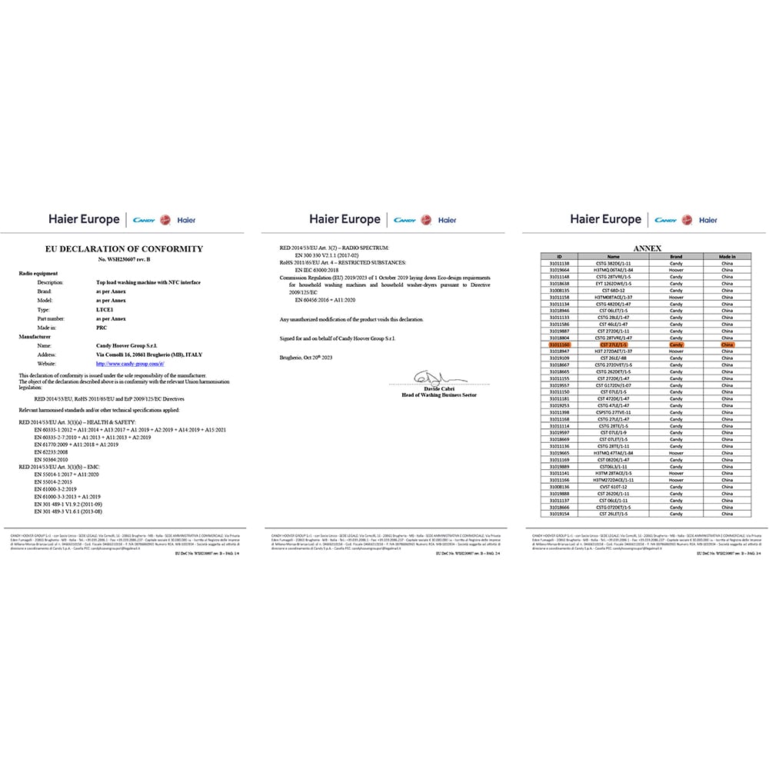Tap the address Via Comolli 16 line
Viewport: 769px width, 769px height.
coord(143,355)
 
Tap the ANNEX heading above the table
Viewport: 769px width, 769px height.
coord(647,249)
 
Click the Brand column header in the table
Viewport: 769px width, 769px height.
coord(676,257)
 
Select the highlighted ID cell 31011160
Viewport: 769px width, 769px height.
coord(559,345)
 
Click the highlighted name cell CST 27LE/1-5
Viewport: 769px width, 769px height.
coord(613,345)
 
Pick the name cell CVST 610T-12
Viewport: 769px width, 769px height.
coord(613,486)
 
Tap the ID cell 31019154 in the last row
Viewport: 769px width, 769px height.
coord(559,514)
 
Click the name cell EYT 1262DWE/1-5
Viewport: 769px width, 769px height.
coord(613,284)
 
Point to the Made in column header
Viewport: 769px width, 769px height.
coord(727,257)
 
